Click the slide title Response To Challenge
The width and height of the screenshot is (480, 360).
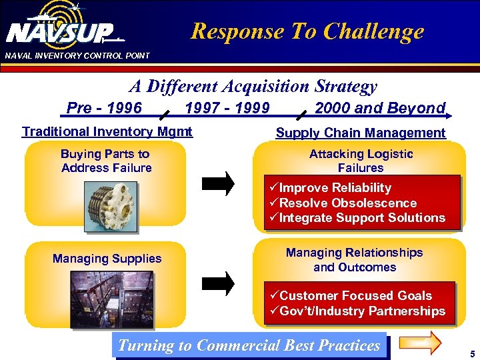pos(307,31)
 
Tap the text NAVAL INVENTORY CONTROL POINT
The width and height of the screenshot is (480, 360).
pos(77,55)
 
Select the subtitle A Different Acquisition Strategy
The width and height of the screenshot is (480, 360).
pos(253,86)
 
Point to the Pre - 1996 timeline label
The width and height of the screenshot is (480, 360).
pos(104,108)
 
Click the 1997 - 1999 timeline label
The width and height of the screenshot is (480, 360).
pos(227,108)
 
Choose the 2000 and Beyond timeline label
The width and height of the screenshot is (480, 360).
pos(379,108)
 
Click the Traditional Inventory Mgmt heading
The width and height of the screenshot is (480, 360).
pos(107,131)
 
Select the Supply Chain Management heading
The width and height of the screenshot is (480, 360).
pos(361,133)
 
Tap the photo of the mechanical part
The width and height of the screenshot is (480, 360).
pos(107,203)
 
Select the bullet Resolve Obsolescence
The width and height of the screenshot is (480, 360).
pos(347,203)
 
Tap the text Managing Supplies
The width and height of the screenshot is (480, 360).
pos(107,258)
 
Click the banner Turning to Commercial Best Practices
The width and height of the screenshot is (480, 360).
pos(249,345)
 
